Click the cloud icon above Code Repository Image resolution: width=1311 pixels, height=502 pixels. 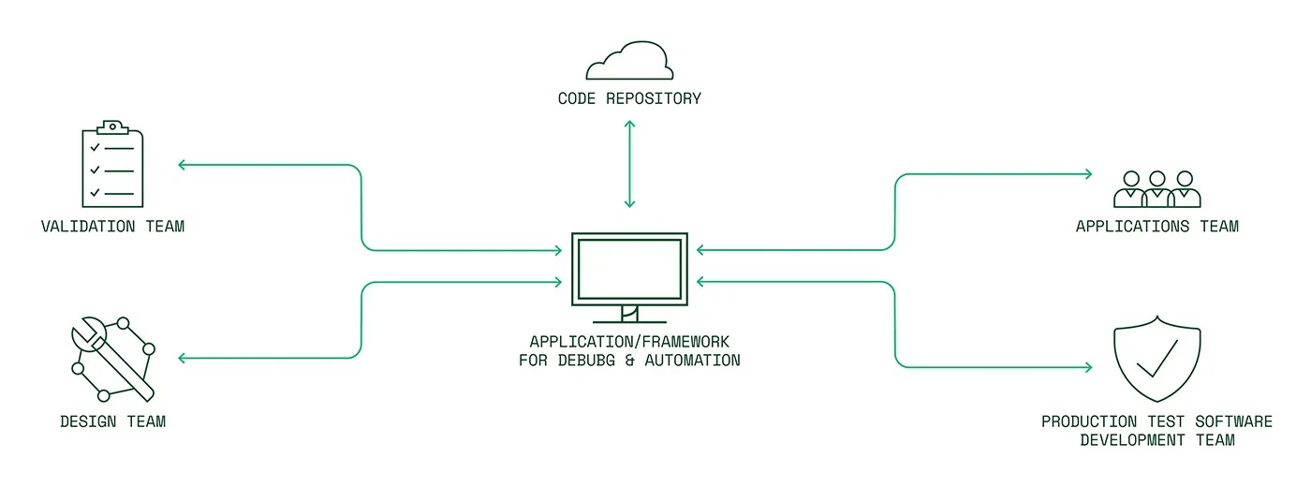(x=629, y=62)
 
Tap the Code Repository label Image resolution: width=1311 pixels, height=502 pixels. (x=629, y=98)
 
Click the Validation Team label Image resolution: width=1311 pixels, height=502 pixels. (x=112, y=227)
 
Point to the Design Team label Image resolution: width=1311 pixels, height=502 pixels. (x=112, y=421)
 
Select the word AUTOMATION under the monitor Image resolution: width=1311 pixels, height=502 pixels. (x=695, y=361)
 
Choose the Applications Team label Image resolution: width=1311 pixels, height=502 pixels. (x=1156, y=227)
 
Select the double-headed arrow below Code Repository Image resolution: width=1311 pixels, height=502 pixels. (x=629, y=164)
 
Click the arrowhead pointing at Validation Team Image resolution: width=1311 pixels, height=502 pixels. (x=183, y=165)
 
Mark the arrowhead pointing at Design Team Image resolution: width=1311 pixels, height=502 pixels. (x=183, y=358)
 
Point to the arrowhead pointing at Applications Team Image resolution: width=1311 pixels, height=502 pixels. (x=1088, y=174)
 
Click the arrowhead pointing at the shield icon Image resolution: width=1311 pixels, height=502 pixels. (x=1088, y=367)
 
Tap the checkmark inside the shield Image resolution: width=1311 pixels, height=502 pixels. (x=1156, y=357)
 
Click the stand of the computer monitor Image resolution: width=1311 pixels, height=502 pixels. (x=629, y=314)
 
